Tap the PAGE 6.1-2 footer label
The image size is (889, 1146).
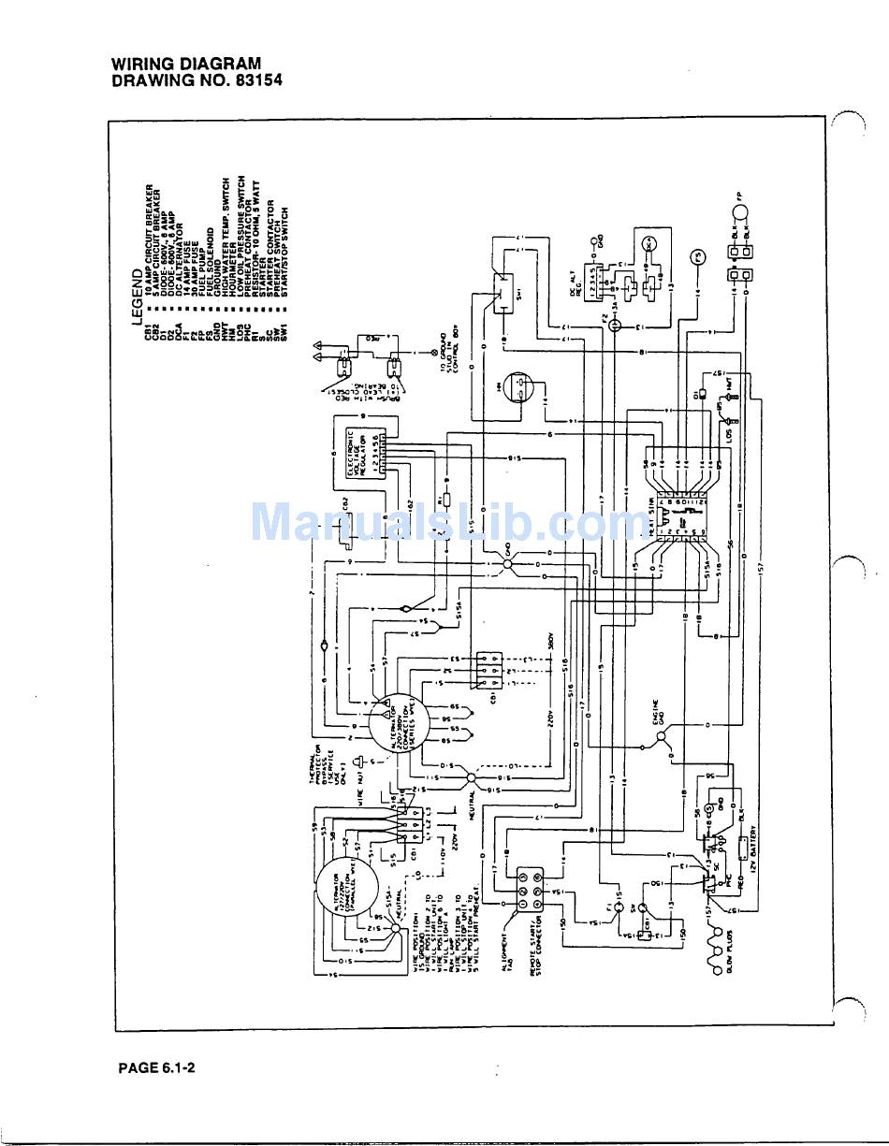click(x=156, y=1067)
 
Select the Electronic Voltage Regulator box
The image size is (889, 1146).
click(x=365, y=454)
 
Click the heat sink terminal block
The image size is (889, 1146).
click(x=681, y=514)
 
